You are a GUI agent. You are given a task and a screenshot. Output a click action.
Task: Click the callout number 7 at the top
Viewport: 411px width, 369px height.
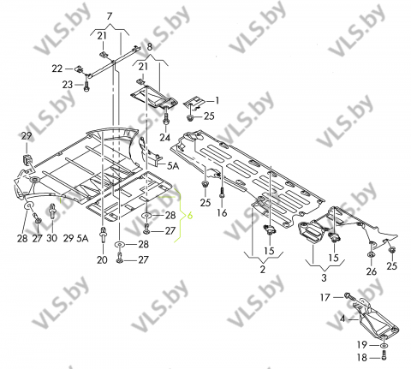pos(110,16)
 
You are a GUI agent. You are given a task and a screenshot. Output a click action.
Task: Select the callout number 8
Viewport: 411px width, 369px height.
pos(150,46)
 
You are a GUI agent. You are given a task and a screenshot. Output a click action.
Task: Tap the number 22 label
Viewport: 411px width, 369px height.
pos(57,68)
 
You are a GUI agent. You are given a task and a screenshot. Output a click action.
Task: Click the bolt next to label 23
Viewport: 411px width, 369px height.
pos(86,86)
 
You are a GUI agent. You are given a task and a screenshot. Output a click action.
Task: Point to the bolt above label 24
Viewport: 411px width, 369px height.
pos(166,118)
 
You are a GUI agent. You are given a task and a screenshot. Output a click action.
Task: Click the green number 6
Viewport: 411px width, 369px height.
pos(190,216)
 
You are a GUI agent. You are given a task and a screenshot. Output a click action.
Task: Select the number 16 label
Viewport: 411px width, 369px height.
pos(222,212)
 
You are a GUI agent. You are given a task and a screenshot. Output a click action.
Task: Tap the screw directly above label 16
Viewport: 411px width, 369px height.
pos(221,193)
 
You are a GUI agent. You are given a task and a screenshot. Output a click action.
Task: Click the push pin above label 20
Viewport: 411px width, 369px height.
pos(102,235)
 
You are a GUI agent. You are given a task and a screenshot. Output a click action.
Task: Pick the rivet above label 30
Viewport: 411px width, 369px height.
pos(53,211)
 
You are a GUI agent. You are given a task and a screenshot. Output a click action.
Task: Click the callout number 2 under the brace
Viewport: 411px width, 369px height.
pos(263,269)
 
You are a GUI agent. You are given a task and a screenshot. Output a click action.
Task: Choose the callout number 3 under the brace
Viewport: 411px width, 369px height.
pos(324,277)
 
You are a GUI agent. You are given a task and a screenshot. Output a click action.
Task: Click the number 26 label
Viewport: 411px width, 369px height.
pos(372,271)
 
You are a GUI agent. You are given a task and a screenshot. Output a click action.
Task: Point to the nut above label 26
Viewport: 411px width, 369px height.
pos(372,254)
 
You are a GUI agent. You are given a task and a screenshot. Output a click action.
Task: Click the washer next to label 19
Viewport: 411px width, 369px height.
pos(384,346)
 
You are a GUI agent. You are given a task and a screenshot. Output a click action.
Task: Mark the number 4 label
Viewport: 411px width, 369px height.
pos(342,318)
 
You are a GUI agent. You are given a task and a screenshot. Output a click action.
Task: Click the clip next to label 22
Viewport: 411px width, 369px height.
pos(78,68)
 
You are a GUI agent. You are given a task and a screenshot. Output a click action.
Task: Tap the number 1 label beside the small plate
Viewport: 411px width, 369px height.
pos(217,100)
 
